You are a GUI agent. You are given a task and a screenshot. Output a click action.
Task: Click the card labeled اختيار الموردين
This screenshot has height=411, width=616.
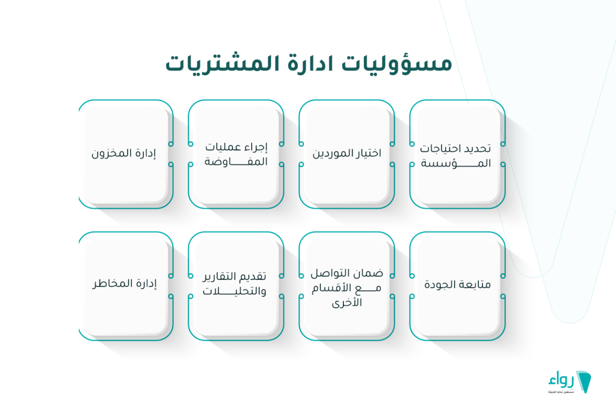coord(346,154)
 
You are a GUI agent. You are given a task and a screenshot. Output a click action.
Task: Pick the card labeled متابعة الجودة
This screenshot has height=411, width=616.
coord(457,285)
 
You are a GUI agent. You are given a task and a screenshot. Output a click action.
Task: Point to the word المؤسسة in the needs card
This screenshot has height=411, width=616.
coord(457,163)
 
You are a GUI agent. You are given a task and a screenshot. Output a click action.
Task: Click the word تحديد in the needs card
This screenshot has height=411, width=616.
coord(479,148)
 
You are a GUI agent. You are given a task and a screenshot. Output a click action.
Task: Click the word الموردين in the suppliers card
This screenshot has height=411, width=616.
coord(332,153)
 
